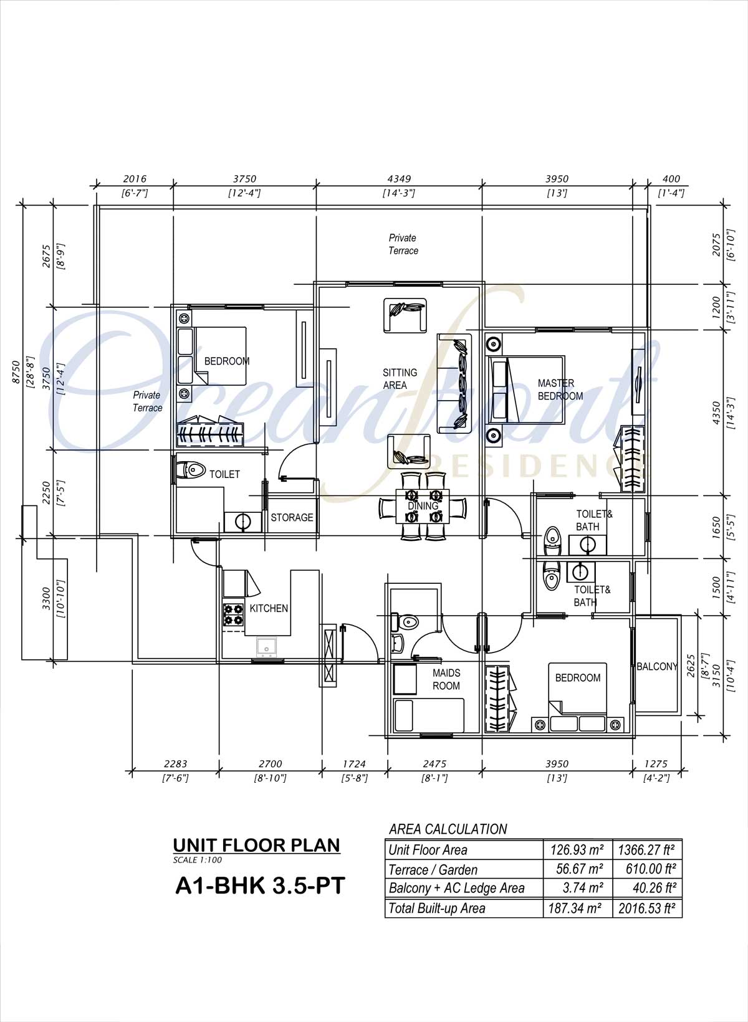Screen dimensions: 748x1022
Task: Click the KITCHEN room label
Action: (269, 608)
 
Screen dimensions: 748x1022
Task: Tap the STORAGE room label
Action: (292, 517)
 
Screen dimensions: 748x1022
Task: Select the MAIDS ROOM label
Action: (446, 679)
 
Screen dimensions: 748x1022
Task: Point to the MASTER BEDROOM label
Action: (560, 389)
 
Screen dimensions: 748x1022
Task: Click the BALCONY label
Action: (657, 667)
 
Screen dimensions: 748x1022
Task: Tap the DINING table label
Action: (423, 506)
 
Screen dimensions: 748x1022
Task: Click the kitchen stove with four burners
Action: (233, 614)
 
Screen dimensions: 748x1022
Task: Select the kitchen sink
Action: (268, 647)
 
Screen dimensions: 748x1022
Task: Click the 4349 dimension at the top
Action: (399, 179)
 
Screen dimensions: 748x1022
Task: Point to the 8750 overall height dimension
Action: (16, 372)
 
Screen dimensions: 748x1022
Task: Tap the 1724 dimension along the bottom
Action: (354, 764)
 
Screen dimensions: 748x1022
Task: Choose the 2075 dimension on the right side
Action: (716, 244)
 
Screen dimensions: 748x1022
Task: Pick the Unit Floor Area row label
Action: (428, 849)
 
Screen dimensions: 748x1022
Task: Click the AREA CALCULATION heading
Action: (448, 829)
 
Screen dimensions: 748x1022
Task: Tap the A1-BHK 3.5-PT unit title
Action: (260, 886)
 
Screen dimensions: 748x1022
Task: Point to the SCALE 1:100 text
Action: (197, 860)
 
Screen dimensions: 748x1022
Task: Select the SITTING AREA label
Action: (400, 379)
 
